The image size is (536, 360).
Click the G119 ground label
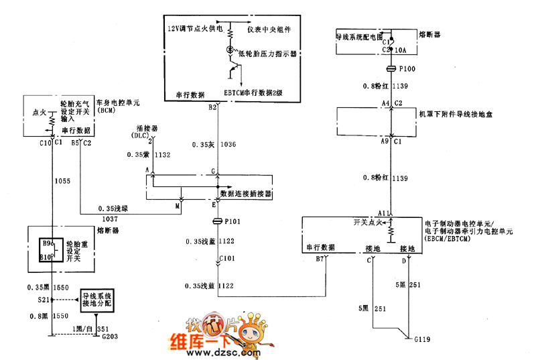(422, 340)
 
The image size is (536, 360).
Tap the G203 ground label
(110, 337)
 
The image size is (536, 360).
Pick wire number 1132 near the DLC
(163, 154)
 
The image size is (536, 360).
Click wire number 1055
(62, 181)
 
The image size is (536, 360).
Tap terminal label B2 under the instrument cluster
(212, 107)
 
